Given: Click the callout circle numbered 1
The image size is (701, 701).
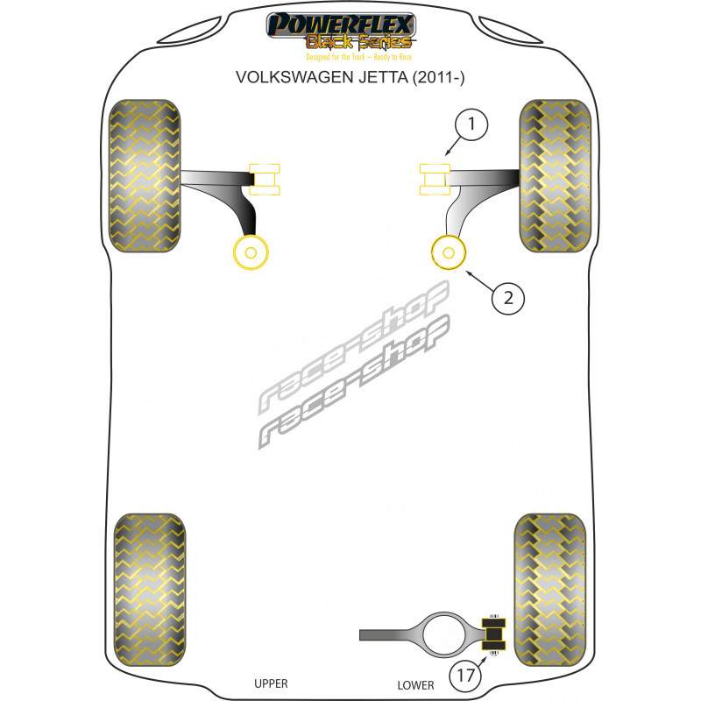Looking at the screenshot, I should tap(472, 126).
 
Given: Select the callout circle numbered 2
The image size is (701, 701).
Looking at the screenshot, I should tap(507, 298).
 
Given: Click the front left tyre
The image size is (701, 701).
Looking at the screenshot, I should tap(144, 177).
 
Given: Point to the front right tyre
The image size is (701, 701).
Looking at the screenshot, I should tap(555, 177).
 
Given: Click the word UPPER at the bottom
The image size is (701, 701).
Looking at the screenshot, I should tap(271, 683).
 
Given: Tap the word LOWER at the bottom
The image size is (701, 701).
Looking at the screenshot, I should tap(415, 683).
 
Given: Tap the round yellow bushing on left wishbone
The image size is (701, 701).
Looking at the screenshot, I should tap(251, 253).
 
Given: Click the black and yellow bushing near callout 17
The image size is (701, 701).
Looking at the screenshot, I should tap(495, 632).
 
